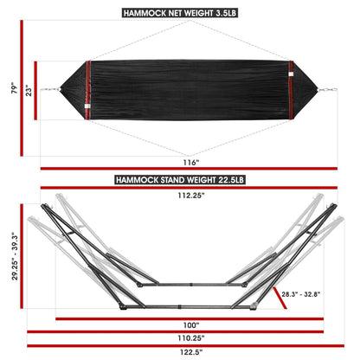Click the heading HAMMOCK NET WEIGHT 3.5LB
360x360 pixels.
point(180,14)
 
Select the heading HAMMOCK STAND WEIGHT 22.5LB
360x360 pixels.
point(180,180)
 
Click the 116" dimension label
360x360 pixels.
point(191,162)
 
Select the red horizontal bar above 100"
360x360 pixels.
point(179,318)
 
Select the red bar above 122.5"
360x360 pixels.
point(180,345)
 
